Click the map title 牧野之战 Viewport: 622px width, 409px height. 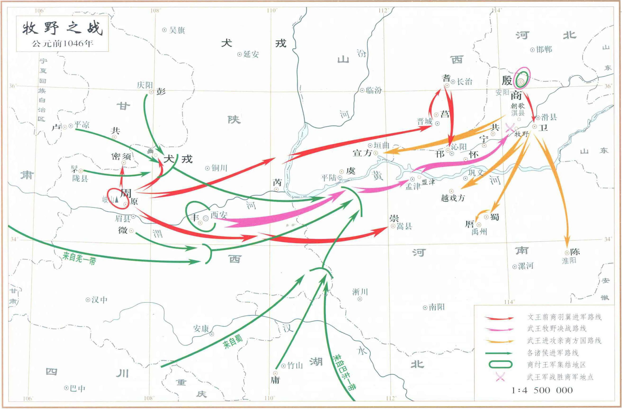62,28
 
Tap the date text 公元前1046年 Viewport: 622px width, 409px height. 62,43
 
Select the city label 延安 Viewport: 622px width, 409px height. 251,54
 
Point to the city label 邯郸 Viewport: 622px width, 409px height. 544,49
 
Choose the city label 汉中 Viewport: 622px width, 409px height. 99,300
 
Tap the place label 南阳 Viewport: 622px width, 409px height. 436,307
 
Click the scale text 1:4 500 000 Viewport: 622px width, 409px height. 542,390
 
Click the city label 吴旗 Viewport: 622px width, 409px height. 177,30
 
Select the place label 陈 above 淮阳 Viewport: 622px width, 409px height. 575,252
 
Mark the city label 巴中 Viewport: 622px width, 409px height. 78,389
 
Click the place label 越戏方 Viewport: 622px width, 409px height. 453,198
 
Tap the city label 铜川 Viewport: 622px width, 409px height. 219,168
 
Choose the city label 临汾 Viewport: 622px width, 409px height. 374,90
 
